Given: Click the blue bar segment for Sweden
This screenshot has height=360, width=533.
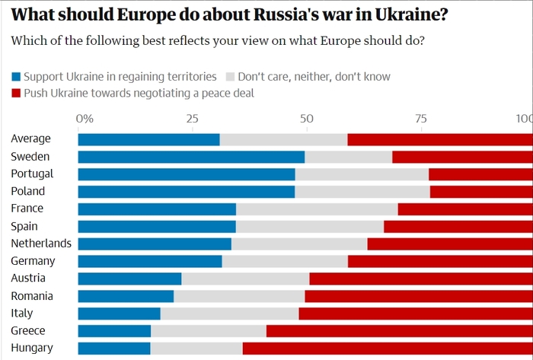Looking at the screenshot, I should (x=191, y=157).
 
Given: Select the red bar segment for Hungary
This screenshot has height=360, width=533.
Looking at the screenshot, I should (x=388, y=349).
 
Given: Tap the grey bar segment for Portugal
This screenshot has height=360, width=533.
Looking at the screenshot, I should (x=362, y=174).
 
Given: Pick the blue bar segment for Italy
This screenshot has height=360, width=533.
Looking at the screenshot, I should (x=119, y=314).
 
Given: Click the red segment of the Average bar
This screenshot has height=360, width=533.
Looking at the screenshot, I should (x=440, y=139).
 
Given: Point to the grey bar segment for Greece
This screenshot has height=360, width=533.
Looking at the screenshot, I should (x=209, y=331).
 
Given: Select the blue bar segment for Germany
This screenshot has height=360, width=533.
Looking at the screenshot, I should (x=150, y=262).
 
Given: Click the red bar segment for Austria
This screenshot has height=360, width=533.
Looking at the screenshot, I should (x=421, y=279).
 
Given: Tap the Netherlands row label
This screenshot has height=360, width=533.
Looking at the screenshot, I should (x=41, y=244).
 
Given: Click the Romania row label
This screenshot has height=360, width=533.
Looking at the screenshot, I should (x=32, y=295).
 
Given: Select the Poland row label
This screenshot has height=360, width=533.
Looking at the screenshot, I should (x=28, y=191).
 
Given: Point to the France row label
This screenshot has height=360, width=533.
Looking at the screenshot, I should (x=27, y=209).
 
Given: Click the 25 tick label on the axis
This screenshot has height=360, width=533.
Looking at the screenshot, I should (x=192, y=119).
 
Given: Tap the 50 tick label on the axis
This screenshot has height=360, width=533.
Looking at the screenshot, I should (x=306, y=119).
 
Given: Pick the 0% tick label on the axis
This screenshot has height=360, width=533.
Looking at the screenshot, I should (x=85, y=119).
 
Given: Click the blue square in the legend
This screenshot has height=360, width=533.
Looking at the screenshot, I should (x=16, y=77).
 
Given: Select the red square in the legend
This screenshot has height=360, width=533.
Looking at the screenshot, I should (x=16, y=94).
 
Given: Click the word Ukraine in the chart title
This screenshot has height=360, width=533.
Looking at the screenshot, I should (x=391, y=14).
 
